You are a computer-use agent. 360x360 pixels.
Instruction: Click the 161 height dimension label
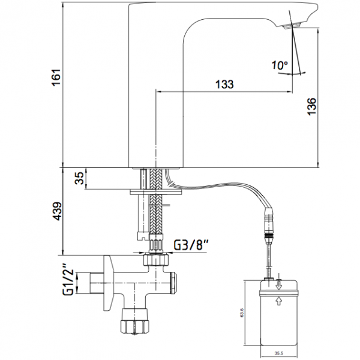click(56, 77)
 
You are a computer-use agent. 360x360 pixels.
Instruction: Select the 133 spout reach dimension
click(224, 84)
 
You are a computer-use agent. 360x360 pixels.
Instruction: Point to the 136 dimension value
click(312, 107)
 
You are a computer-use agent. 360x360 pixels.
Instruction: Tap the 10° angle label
click(280, 65)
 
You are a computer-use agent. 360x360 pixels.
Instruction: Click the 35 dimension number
click(80, 178)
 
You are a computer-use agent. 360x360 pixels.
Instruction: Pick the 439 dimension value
click(56, 211)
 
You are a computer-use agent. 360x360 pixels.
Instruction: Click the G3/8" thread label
click(190, 245)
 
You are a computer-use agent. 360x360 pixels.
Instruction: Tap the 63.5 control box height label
click(242, 313)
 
